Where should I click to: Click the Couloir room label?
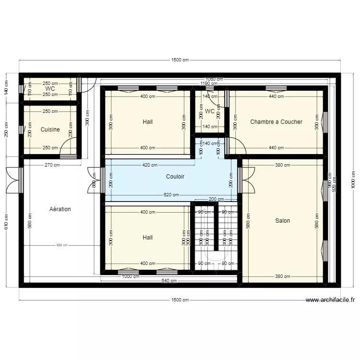175,177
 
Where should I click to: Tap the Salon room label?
282,221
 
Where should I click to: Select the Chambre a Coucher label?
276,122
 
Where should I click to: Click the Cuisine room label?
50,130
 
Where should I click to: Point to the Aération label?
60,209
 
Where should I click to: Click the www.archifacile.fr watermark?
330,300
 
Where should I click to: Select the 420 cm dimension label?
149,165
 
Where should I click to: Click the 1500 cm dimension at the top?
180,60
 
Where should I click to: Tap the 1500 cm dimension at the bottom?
180,300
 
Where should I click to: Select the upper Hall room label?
148,122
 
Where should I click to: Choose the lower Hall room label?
148,238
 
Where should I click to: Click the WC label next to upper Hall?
210,111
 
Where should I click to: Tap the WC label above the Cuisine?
50,89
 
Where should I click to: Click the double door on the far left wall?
13,180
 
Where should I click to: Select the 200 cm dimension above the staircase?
216,199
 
